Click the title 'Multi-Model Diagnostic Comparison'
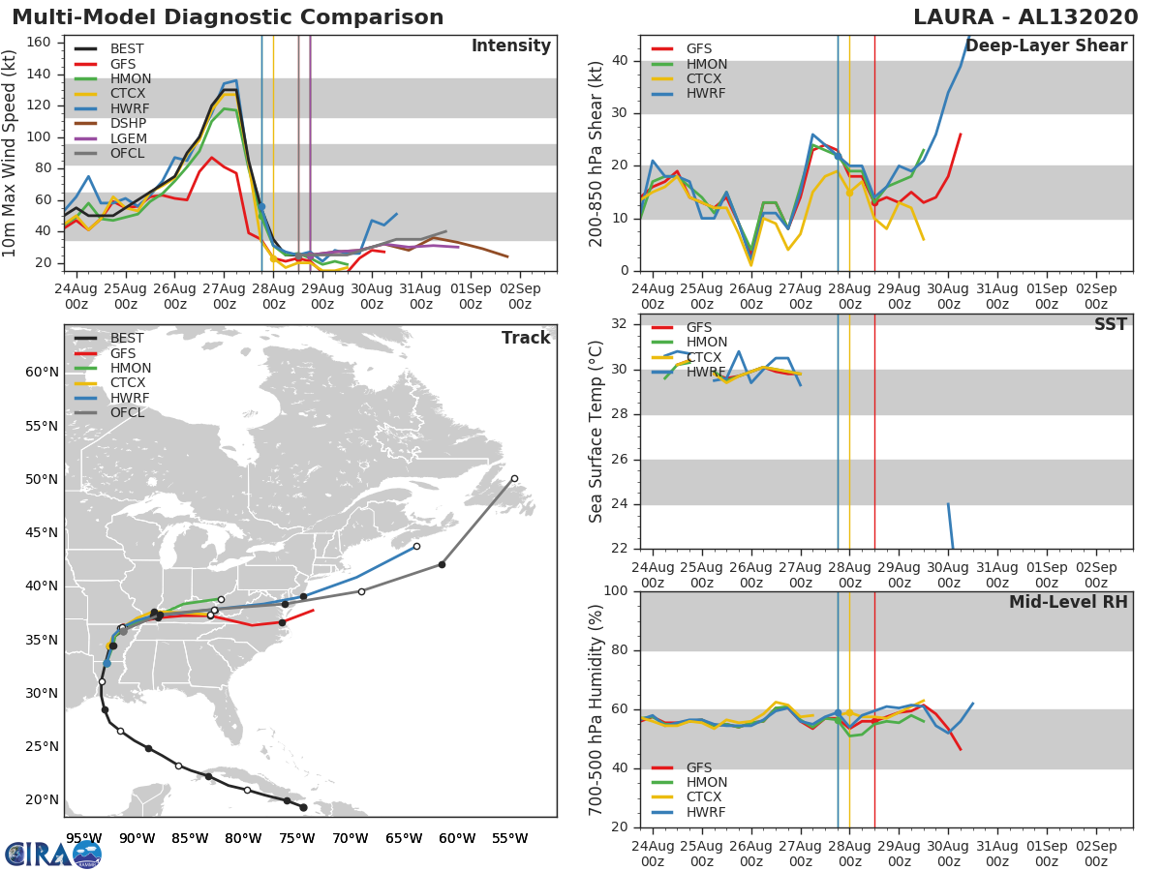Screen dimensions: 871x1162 point(228,17)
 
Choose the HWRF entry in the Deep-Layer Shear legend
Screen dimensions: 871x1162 point(705,94)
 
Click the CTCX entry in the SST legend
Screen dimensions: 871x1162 point(705,357)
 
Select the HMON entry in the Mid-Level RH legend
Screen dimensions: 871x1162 point(706,782)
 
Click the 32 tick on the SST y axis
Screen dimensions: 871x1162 point(621,324)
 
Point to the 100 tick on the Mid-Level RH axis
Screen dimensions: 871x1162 point(616,591)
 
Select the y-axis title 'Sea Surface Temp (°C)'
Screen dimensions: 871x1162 point(596,431)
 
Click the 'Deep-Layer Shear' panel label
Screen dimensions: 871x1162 point(1046,46)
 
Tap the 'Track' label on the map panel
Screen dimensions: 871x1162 point(526,338)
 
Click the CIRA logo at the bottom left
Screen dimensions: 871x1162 point(53,854)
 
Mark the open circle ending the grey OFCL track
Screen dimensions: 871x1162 point(514,478)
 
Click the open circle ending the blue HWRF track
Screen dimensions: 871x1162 point(416,546)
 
